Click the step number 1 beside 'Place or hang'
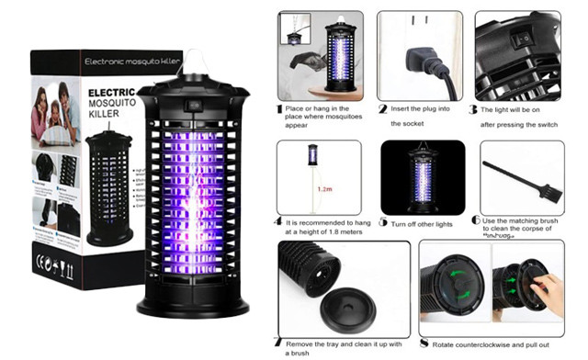click(279, 107)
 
